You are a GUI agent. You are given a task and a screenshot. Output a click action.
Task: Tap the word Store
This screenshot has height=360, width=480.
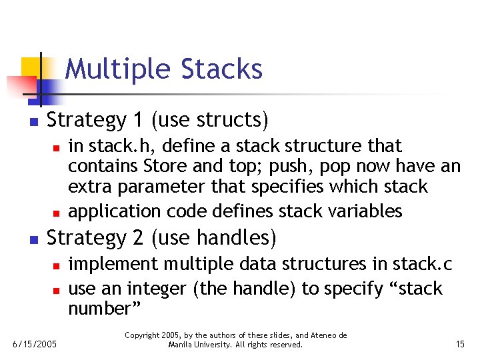(x=179, y=166)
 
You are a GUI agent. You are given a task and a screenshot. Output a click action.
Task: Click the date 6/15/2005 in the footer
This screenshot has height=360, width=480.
(x=35, y=344)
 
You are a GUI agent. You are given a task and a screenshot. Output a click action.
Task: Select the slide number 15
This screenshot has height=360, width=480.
(x=459, y=344)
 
